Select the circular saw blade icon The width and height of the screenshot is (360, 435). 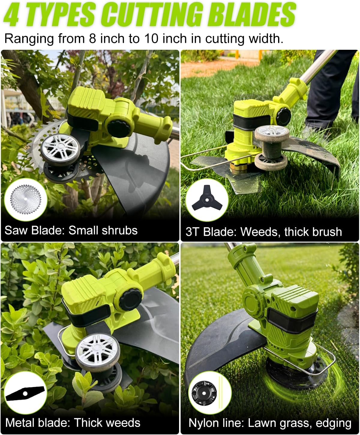tap(25, 199)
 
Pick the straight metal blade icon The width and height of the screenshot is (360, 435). tap(25, 394)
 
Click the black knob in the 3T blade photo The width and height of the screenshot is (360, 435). tap(284, 116)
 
